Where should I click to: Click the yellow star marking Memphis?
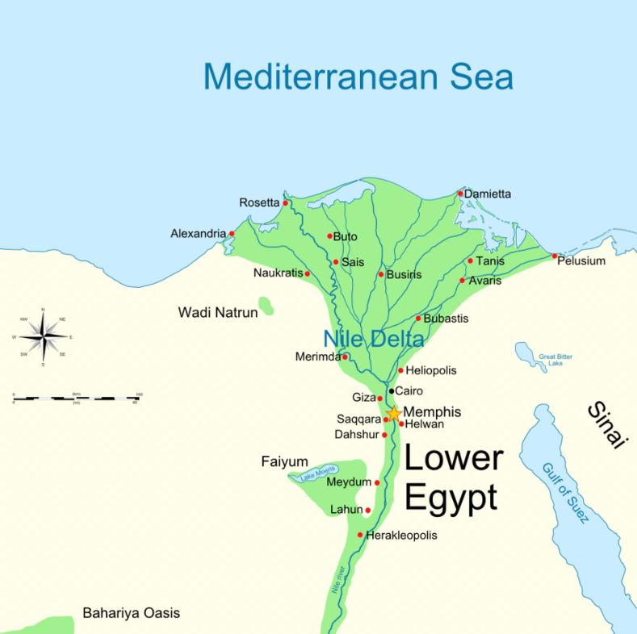point(393,414)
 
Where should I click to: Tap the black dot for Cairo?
point(391,390)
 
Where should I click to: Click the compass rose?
point(43,336)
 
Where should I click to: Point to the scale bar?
point(77,398)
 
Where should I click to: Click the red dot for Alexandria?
point(232,234)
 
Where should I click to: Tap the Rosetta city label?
point(258,202)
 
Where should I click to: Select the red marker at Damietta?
point(460,194)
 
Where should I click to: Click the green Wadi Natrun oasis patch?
point(266,307)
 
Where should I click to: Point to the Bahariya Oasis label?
point(131,613)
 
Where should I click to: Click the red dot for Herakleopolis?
point(360,535)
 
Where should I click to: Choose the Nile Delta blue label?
point(373,340)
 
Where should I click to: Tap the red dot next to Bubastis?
point(417,319)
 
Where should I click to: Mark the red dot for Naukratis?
point(307,273)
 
